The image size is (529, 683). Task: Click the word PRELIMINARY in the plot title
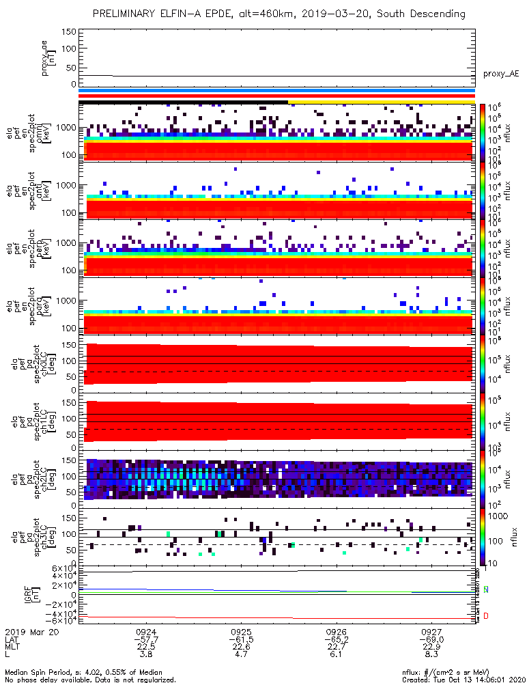(x=126, y=14)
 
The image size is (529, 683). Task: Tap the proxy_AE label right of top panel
(x=500, y=74)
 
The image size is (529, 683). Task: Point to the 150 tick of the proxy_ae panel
(x=67, y=32)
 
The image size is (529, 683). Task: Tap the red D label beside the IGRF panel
(x=485, y=617)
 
